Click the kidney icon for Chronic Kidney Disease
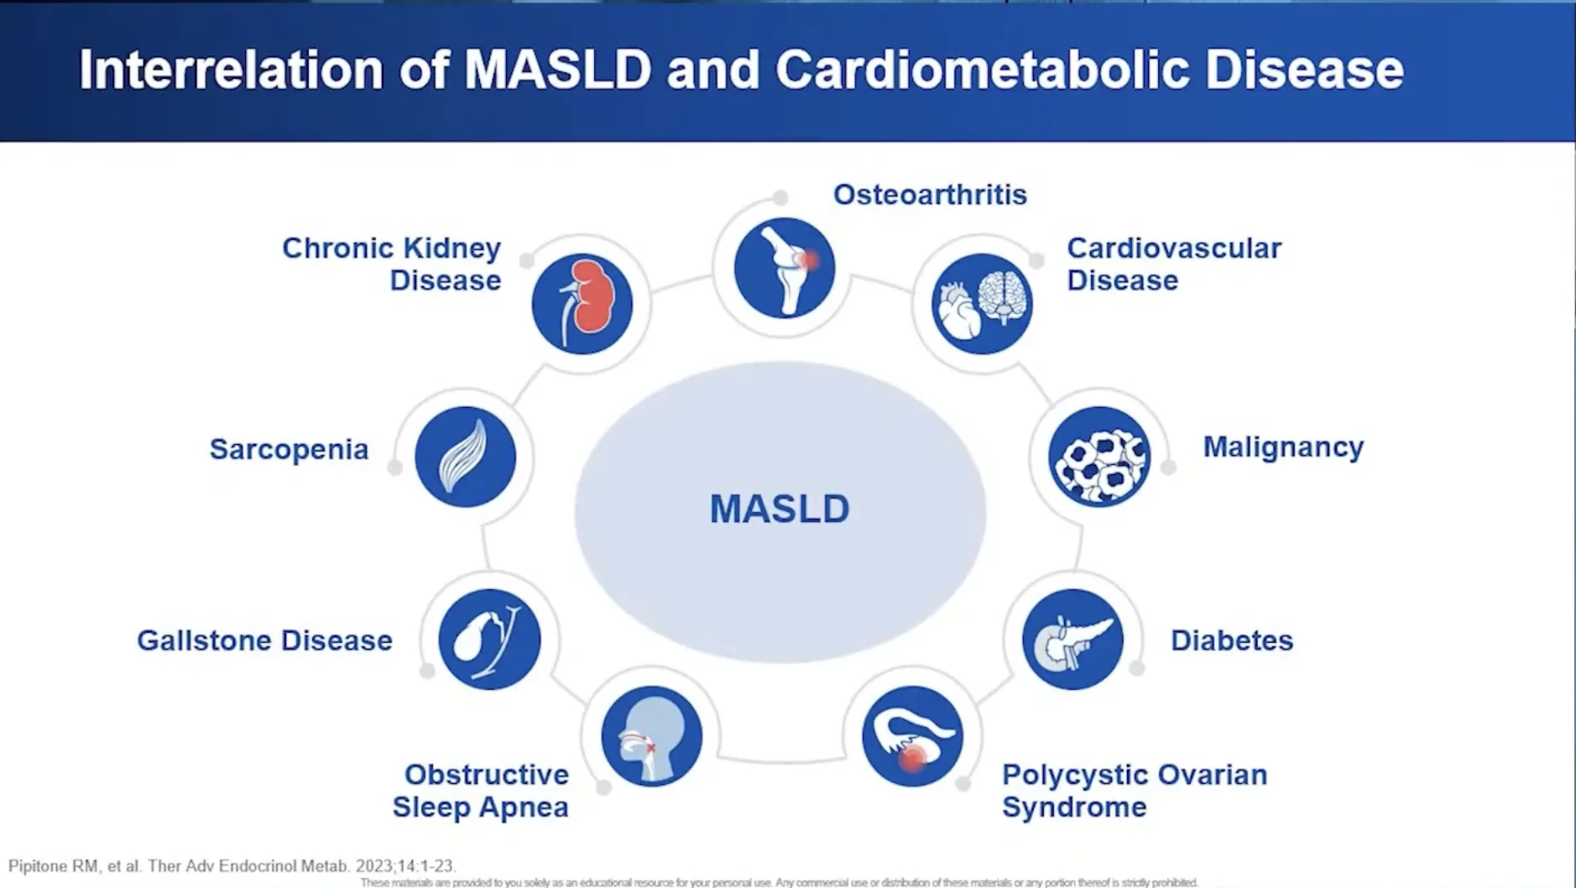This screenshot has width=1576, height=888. pyautogui.click(x=582, y=303)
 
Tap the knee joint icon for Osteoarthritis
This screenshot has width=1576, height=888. pyautogui.click(x=784, y=268)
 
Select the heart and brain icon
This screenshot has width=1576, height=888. pyautogui.click(x=982, y=303)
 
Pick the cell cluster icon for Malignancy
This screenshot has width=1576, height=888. pyautogui.click(x=1099, y=457)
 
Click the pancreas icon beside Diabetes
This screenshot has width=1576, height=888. pyautogui.click(x=1072, y=639)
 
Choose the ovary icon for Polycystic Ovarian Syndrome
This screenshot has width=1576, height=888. pyautogui.click(x=912, y=736)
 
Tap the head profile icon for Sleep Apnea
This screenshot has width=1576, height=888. pyautogui.click(x=651, y=736)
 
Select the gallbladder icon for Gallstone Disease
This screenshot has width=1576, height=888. pyautogui.click(x=489, y=639)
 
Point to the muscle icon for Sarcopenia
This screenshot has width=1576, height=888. pyautogui.click(x=465, y=457)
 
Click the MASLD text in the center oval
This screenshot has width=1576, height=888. pyautogui.click(x=780, y=509)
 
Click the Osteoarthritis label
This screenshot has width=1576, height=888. pyautogui.click(x=930, y=195)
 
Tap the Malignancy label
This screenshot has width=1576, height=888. pyautogui.click(x=1283, y=447)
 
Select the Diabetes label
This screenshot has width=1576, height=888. pyautogui.click(x=1231, y=640)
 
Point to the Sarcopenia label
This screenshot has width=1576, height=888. pyautogui.click(x=289, y=449)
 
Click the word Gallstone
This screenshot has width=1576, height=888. pyautogui.click(x=204, y=640)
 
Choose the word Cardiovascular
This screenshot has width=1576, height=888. pyautogui.click(x=1173, y=248)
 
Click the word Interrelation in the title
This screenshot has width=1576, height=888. pyautogui.click(x=231, y=70)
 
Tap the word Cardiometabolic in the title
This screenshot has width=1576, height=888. pyautogui.click(x=982, y=70)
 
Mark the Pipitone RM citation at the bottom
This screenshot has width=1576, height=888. pyautogui.click(x=232, y=865)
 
